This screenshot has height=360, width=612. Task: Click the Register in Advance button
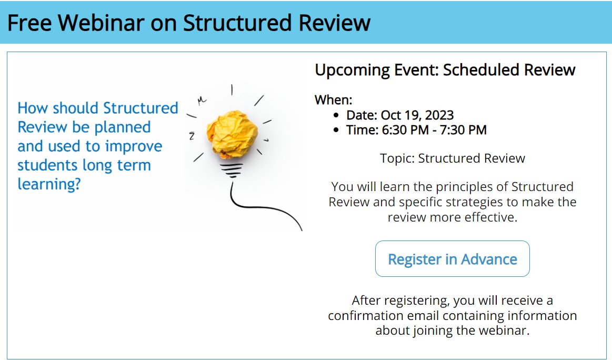[x=452, y=259]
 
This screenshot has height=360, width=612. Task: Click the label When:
[x=333, y=100]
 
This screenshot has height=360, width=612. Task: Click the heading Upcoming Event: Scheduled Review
[x=445, y=70]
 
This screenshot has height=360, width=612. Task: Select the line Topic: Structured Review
[x=452, y=158]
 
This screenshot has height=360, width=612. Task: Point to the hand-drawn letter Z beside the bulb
[x=192, y=136]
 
